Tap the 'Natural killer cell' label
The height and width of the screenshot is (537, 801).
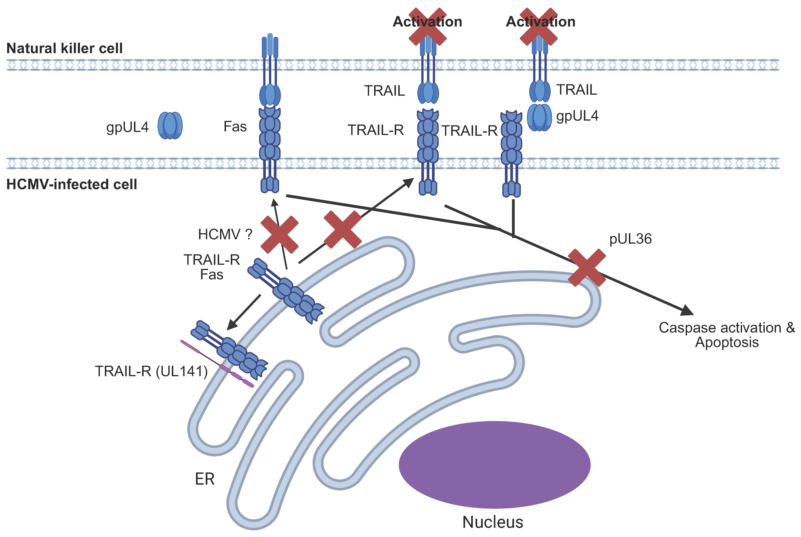tap(64, 48)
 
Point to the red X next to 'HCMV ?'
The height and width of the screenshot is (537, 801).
tap(279, 235)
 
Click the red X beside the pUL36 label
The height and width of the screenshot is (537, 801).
tap(587, 267)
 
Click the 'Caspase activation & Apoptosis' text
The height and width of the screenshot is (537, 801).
tap(726, 335)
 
